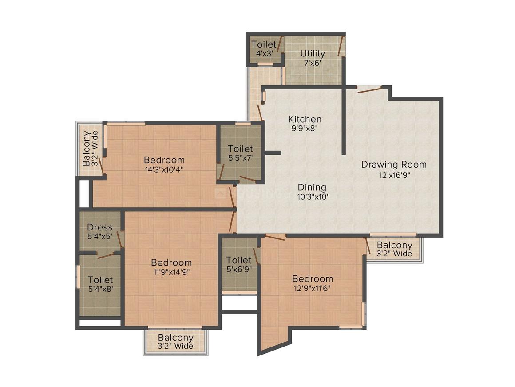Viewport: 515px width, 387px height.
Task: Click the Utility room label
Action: [x=313, y=53]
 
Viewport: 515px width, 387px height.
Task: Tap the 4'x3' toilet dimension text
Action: [x=264, y=53]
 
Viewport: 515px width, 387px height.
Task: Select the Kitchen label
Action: [x=305, y=119]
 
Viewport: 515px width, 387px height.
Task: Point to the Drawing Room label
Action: [x=393, y=165]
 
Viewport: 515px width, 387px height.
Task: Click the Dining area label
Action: [x=312, y=187]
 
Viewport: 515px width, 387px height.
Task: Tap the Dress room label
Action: [x=99, y=227]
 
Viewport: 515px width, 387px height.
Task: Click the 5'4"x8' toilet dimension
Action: [x=100, y=289]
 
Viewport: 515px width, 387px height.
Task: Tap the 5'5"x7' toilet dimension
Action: [x=240, y=157]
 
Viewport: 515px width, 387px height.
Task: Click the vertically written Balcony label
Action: [x=87, y=148]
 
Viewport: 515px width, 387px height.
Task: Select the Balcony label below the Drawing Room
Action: [x=394, y=245]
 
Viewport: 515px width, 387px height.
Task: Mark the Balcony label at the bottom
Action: [x=175, y=338]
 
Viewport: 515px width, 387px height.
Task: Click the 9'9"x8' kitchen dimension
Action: [x=305, y=129]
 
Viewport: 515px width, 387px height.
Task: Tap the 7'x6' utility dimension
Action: [x=313, y=63]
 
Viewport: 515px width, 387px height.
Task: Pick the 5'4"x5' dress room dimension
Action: [x=99, y=236]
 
